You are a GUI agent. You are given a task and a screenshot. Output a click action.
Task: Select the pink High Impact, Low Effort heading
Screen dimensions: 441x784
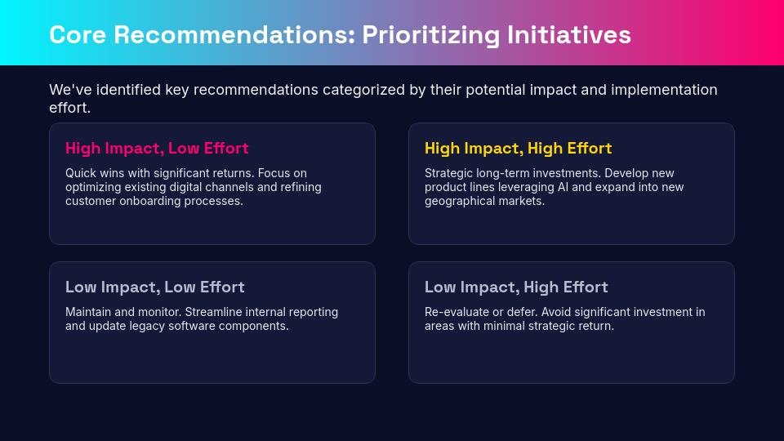(157, 149)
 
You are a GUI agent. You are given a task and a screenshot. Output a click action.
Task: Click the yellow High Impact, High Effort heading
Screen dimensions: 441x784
(518, 149)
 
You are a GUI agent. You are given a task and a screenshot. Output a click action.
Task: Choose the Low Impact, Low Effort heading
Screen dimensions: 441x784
(155, 287)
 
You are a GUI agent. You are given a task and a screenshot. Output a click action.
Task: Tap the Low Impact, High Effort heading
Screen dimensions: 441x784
(516, 287)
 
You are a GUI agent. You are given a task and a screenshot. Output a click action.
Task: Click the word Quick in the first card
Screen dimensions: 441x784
(82, 173)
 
